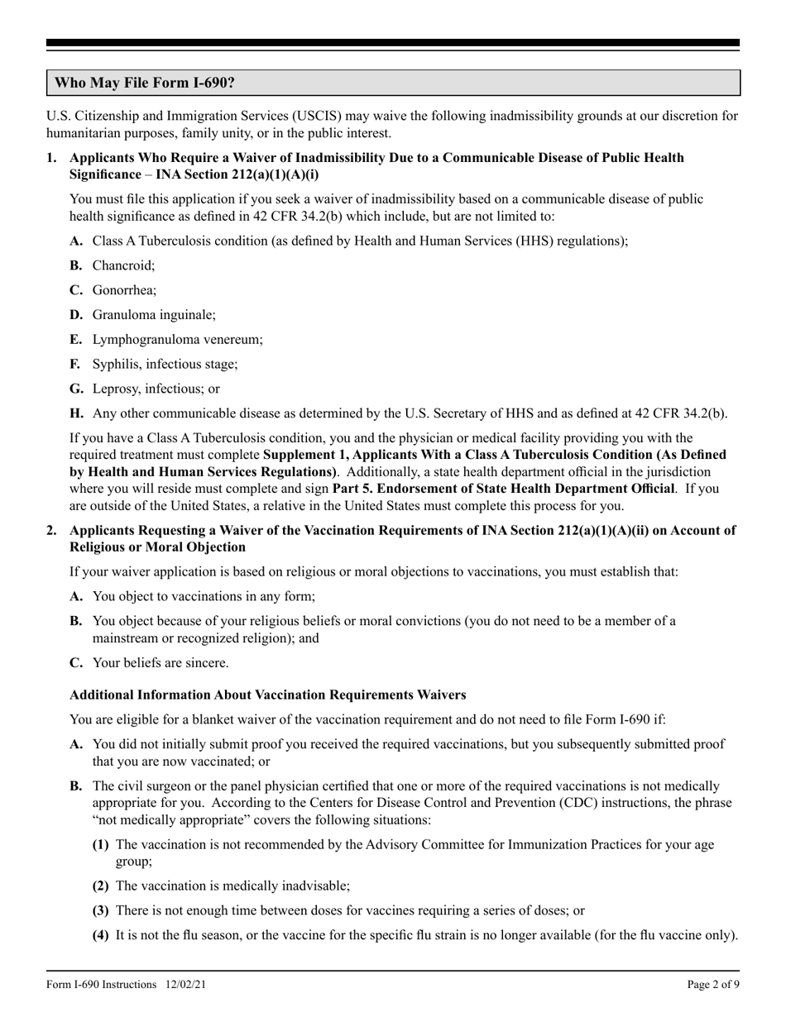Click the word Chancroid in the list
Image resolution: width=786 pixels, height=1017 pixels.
coord(122,265)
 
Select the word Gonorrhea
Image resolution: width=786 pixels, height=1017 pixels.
coord(124,290)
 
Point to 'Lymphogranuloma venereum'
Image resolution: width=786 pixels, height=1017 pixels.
coord(177,339)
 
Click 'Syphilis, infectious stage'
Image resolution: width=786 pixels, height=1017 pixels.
coord(165,364)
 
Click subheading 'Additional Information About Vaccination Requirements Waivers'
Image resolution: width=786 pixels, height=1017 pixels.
coord(267,695)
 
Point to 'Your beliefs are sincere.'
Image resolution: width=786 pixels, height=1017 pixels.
coord(161,662)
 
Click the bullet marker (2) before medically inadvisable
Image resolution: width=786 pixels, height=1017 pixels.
coord(100,886)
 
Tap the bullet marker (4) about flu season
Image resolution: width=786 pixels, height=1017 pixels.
coord(100,935)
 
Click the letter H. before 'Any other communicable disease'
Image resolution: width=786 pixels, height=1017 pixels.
coord(77,413)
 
